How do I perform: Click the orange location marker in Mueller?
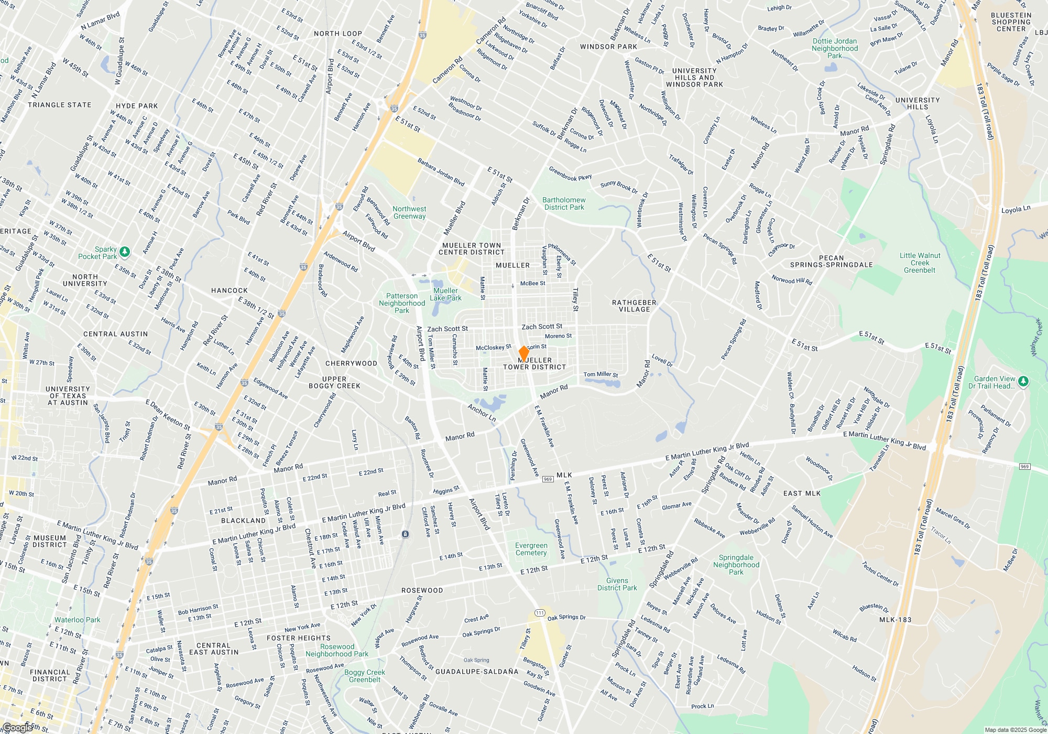523,353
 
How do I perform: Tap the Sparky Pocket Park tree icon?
125,252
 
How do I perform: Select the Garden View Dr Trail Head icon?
1023,381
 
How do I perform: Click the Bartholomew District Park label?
563,203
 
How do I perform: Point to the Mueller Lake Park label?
445,294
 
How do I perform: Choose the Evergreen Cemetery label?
531,549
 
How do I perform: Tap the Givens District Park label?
617,584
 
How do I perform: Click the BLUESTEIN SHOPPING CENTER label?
1011,22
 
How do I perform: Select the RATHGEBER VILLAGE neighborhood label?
634,306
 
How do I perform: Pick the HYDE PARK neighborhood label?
137,106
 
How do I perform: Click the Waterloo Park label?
77,620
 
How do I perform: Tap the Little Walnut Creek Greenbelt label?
920,263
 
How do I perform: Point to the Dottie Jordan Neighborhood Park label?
835,48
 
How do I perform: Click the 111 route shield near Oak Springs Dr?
540,613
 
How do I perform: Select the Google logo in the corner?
17,728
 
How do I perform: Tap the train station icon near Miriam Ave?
405,534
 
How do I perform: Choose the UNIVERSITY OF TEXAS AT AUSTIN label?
68,396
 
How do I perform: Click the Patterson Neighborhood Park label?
402,303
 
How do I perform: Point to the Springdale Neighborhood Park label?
736,565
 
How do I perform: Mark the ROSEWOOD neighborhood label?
422,590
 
